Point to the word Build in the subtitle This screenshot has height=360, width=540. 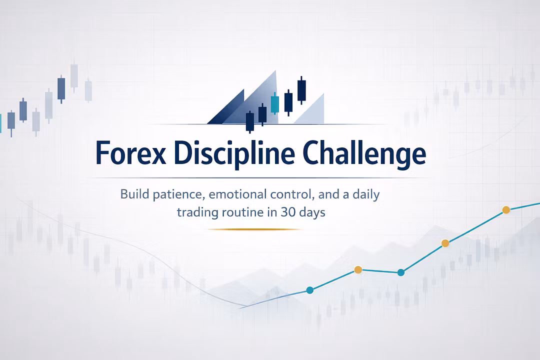(132, 194)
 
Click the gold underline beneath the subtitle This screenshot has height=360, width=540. (255, 229)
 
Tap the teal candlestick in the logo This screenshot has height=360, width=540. (274, 103)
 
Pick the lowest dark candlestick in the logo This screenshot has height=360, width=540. (250, 121)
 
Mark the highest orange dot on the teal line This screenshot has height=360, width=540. (505, 210)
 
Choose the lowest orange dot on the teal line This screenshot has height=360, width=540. (358, 269)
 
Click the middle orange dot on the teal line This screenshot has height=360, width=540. (445, 243)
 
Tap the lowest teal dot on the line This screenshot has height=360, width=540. (309, 290)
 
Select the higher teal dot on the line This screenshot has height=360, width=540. (400, 272)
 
